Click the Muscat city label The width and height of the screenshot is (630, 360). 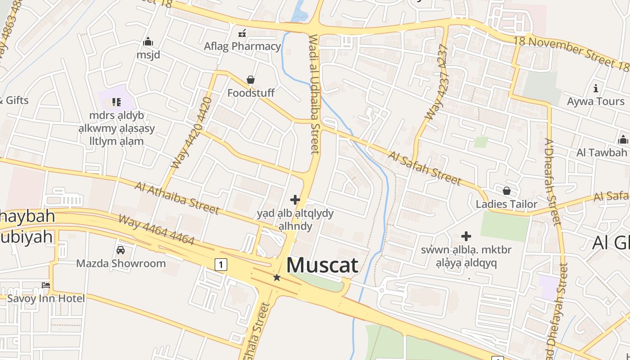coord(322,265)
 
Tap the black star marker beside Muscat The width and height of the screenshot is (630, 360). coord(277,278)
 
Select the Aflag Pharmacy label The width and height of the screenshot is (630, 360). coord(242,46)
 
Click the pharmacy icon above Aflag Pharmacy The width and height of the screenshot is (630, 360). coord(242,33)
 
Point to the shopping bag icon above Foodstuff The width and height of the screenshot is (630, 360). coord(251,80)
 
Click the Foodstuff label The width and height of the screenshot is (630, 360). coord(251,93)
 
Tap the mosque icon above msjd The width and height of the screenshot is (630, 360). coord(148,42)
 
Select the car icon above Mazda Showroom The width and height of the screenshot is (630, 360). coord(121,250)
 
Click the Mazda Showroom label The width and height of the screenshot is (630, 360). coord(121,263)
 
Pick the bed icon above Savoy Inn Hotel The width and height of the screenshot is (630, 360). coord(46,285)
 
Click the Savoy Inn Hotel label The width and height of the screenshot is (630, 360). coord(46,298)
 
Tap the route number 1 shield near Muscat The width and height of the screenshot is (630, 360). coord(220,264)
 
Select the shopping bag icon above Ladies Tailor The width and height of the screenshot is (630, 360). coord(507,191)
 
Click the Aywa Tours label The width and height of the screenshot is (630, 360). coord(596,101)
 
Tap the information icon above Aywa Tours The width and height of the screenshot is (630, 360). coord(596,88)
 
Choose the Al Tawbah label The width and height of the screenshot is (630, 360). coord(602,153)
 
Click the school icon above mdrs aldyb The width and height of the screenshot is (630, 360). coord(117,102)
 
